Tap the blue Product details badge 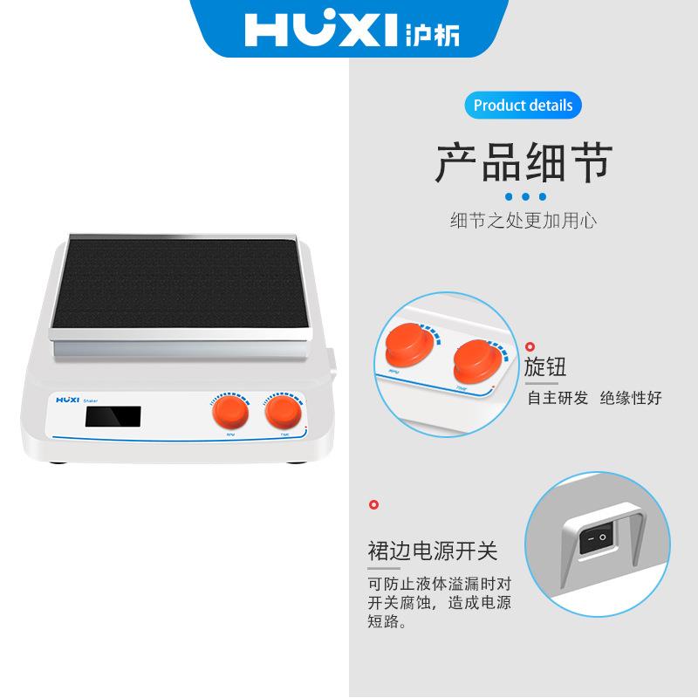pyautogui.click(x=523, y=106)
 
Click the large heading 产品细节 pyautogui.click(x=523, y=162)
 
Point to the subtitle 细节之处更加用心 pyautogui.click(x=523, y=221)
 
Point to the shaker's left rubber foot pyautogui.click(x=60, y=461)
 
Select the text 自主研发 pyautogui.click(x=557, y=398)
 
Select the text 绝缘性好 pyautogui.click(x=631, y=398)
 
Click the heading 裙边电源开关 pyautogui.click(x=432, y=551)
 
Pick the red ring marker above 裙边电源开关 pyautogui.click(x=375, y=504)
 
